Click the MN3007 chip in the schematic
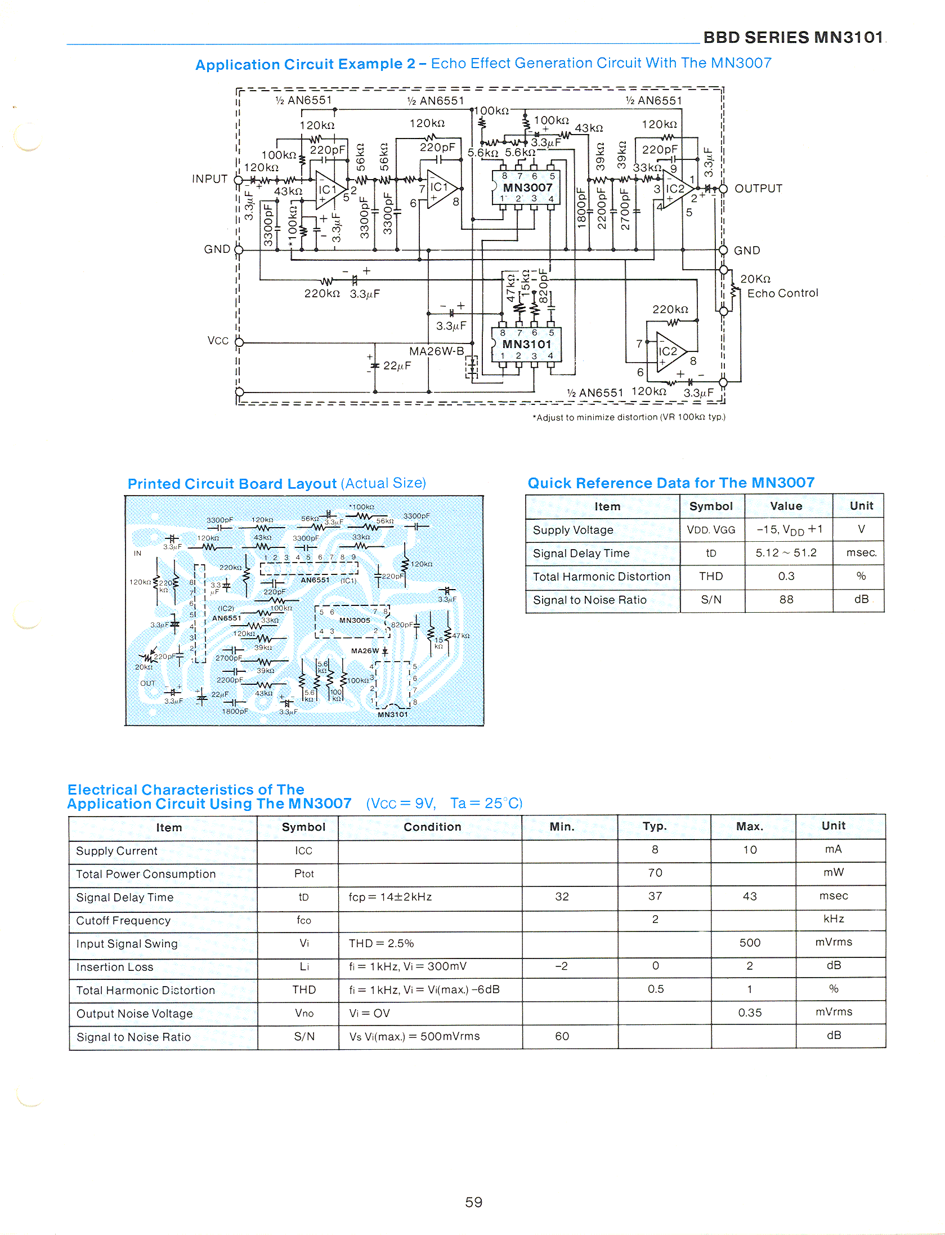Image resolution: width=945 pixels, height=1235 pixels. pyautogui.click(x=527, y=188)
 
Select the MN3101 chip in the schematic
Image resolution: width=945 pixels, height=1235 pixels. pyautogui.click(x=527, y=344)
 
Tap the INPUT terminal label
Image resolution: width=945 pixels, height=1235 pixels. pyautogui.click(x=210, y=179)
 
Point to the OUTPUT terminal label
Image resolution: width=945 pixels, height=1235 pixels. pyautogui.click(x=758, y=189)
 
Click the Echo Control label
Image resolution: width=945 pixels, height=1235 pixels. pyautogui.click(x=782, y=293)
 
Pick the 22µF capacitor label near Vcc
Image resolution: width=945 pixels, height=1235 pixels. pyautogui.click(x=397, y=365)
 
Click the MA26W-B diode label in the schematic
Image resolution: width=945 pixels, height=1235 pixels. pyautogui.click(x=436, y=351)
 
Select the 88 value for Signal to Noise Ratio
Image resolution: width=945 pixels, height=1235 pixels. pyautogui.click(x=786, y=600)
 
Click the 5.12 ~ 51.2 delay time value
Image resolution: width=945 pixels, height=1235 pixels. pyautogui.click(x=786, y=553)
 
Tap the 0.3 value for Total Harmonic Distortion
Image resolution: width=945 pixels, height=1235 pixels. pyautogui.click(x=786, y=576)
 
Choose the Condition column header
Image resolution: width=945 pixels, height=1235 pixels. pyautogui.click(x=432, y=827)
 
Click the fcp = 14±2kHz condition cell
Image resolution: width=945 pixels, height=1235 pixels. pyautogui.click(x=390, y=897)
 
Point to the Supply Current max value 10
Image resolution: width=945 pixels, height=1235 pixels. pyautogui.click(x=750, y=850)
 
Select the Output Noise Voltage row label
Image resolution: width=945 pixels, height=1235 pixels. pyautogui.click(x=135, y=1014)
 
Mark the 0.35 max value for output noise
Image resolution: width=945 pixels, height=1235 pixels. pyautogui.click(x=750, y=1013)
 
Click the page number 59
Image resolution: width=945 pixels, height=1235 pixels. pyautogui.click(x=473, y=1202)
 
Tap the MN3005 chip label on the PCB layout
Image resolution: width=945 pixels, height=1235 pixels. pyautogui.click(x=355, y=620)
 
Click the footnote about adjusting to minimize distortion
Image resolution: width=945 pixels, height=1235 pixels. pyautogui.click(x=629, y=417)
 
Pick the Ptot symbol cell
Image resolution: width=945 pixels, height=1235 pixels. pyautogui.click(x=304, y=873)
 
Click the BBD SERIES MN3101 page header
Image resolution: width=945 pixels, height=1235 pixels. pyautogui.click(x=793, y=38)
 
